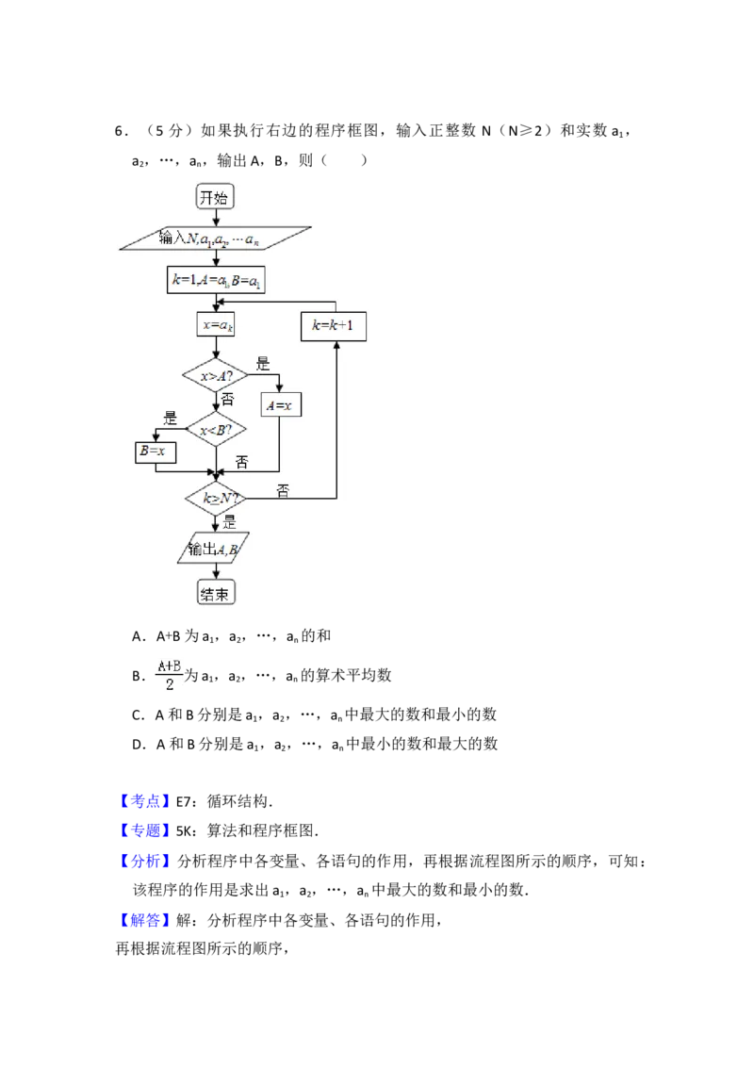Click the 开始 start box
coord(215,197)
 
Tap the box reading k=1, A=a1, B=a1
coord(215,280)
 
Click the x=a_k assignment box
coord(215,325)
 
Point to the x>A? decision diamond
coord(215,376)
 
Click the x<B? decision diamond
coord(215,430)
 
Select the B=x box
coord(156,452)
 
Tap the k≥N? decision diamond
coord(215,497)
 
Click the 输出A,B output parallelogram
coord(213,550)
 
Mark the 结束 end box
coord(215,593)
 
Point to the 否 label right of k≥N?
coord(283,490)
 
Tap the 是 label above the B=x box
coord(171,419)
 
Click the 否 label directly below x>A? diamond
coord(227,401)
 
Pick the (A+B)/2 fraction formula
coord(170,675)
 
